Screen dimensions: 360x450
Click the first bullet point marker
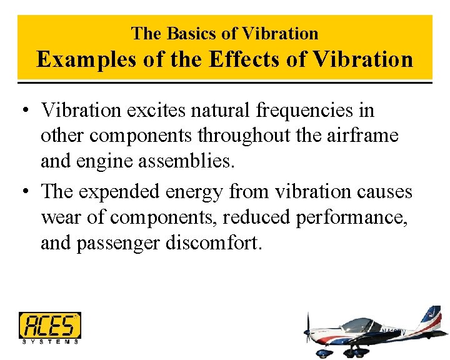[x=24, y=111]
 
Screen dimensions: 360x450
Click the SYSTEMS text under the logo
[x=50, y=342]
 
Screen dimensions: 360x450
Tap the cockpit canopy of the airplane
[x=359, y=326]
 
